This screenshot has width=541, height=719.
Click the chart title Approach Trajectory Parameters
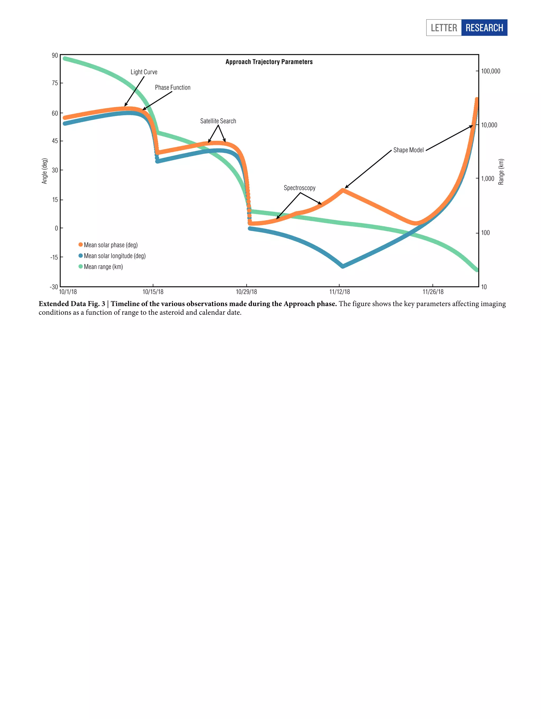point(269,62)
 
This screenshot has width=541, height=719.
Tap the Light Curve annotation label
point(144,72)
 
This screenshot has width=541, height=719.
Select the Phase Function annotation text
point(172,87)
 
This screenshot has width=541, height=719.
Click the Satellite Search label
point(218,121)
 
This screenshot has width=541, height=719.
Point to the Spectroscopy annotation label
point(299,188)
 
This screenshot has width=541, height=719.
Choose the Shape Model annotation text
point(408,150)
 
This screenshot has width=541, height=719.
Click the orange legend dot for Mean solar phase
point(81,244)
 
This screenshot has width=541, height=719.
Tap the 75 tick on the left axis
point(55,83)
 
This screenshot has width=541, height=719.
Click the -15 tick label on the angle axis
point(54,257)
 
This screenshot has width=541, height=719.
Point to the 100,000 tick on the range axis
point(490,71)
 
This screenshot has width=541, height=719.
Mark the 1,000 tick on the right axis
point(487,178)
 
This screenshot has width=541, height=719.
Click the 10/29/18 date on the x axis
point(246,291)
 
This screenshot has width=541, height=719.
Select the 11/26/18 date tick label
point(432,291)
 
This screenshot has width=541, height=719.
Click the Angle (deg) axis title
point(45,171)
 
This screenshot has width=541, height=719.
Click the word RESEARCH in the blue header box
point(484,28)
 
